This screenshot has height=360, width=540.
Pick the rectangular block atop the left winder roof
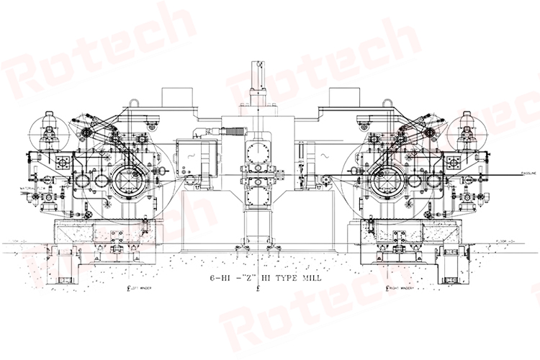point(175,96)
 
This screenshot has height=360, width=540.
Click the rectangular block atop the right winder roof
point(339,96)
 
